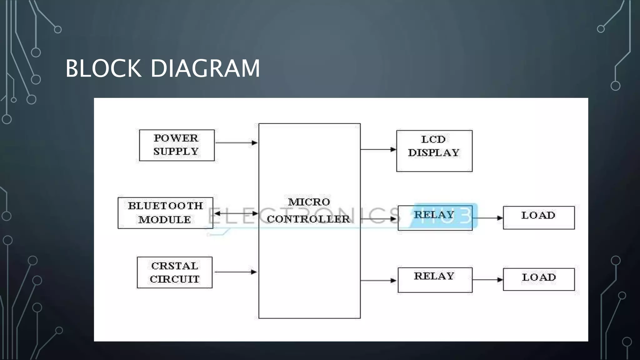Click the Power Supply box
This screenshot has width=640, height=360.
pos(177,145)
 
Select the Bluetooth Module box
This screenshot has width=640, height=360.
pos(165,213)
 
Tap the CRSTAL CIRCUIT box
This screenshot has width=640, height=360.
pos(174,272)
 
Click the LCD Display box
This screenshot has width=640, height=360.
pos(434,151)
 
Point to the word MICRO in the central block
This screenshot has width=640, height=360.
pos(309,202)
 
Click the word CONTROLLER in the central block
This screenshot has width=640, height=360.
pos(308,219)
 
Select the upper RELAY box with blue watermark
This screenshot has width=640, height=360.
pos(435,218)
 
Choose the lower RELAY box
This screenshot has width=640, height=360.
pos(435,280)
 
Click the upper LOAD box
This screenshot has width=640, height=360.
pos(538,217)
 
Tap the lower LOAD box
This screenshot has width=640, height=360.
pos(538,279)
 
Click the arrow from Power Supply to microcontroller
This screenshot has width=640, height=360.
pos(236,143)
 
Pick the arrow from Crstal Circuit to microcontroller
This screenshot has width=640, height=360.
pos(236,272)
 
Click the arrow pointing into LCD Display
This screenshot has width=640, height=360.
pos(378,149)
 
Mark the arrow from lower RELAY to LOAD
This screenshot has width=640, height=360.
pos(487,280)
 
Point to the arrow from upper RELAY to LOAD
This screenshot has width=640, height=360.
pos(487,218)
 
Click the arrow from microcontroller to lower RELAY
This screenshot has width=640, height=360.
pos(378,280)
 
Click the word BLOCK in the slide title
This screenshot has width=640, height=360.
pos(103,68)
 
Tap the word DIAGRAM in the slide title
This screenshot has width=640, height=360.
pos(205,68)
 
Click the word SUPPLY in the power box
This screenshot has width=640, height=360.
pos(176,152)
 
